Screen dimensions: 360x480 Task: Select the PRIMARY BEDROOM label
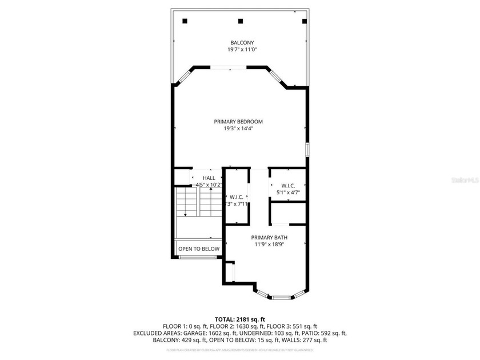pyautogui.click(x=238, y=121)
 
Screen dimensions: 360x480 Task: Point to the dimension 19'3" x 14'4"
pyautogui.click(x=238, y=129)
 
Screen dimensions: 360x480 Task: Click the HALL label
pyautogui.click(x=209, y=178)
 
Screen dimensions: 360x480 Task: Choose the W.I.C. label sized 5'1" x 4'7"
pyautogui.click(x=287, y=185)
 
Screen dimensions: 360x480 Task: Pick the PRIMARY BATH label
pyautogui.click(x=269, y=237)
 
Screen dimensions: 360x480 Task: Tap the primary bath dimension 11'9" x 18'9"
pyautogui.click(x=269, y=244)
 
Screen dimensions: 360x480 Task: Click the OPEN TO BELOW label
pyautogui.click(x=199, y=249)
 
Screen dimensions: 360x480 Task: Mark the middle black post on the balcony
pyautogui.click(x=240, y=21)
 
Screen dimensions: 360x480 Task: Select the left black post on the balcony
pyautogui.click(x=185, y=21)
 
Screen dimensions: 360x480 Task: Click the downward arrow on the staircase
pyautogui.click(x=185, y=213)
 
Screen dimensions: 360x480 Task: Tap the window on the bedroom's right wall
pyautogui.click(x=307, y=150)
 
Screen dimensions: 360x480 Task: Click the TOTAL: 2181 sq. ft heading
pyautogui.click(x=239, y=319)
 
